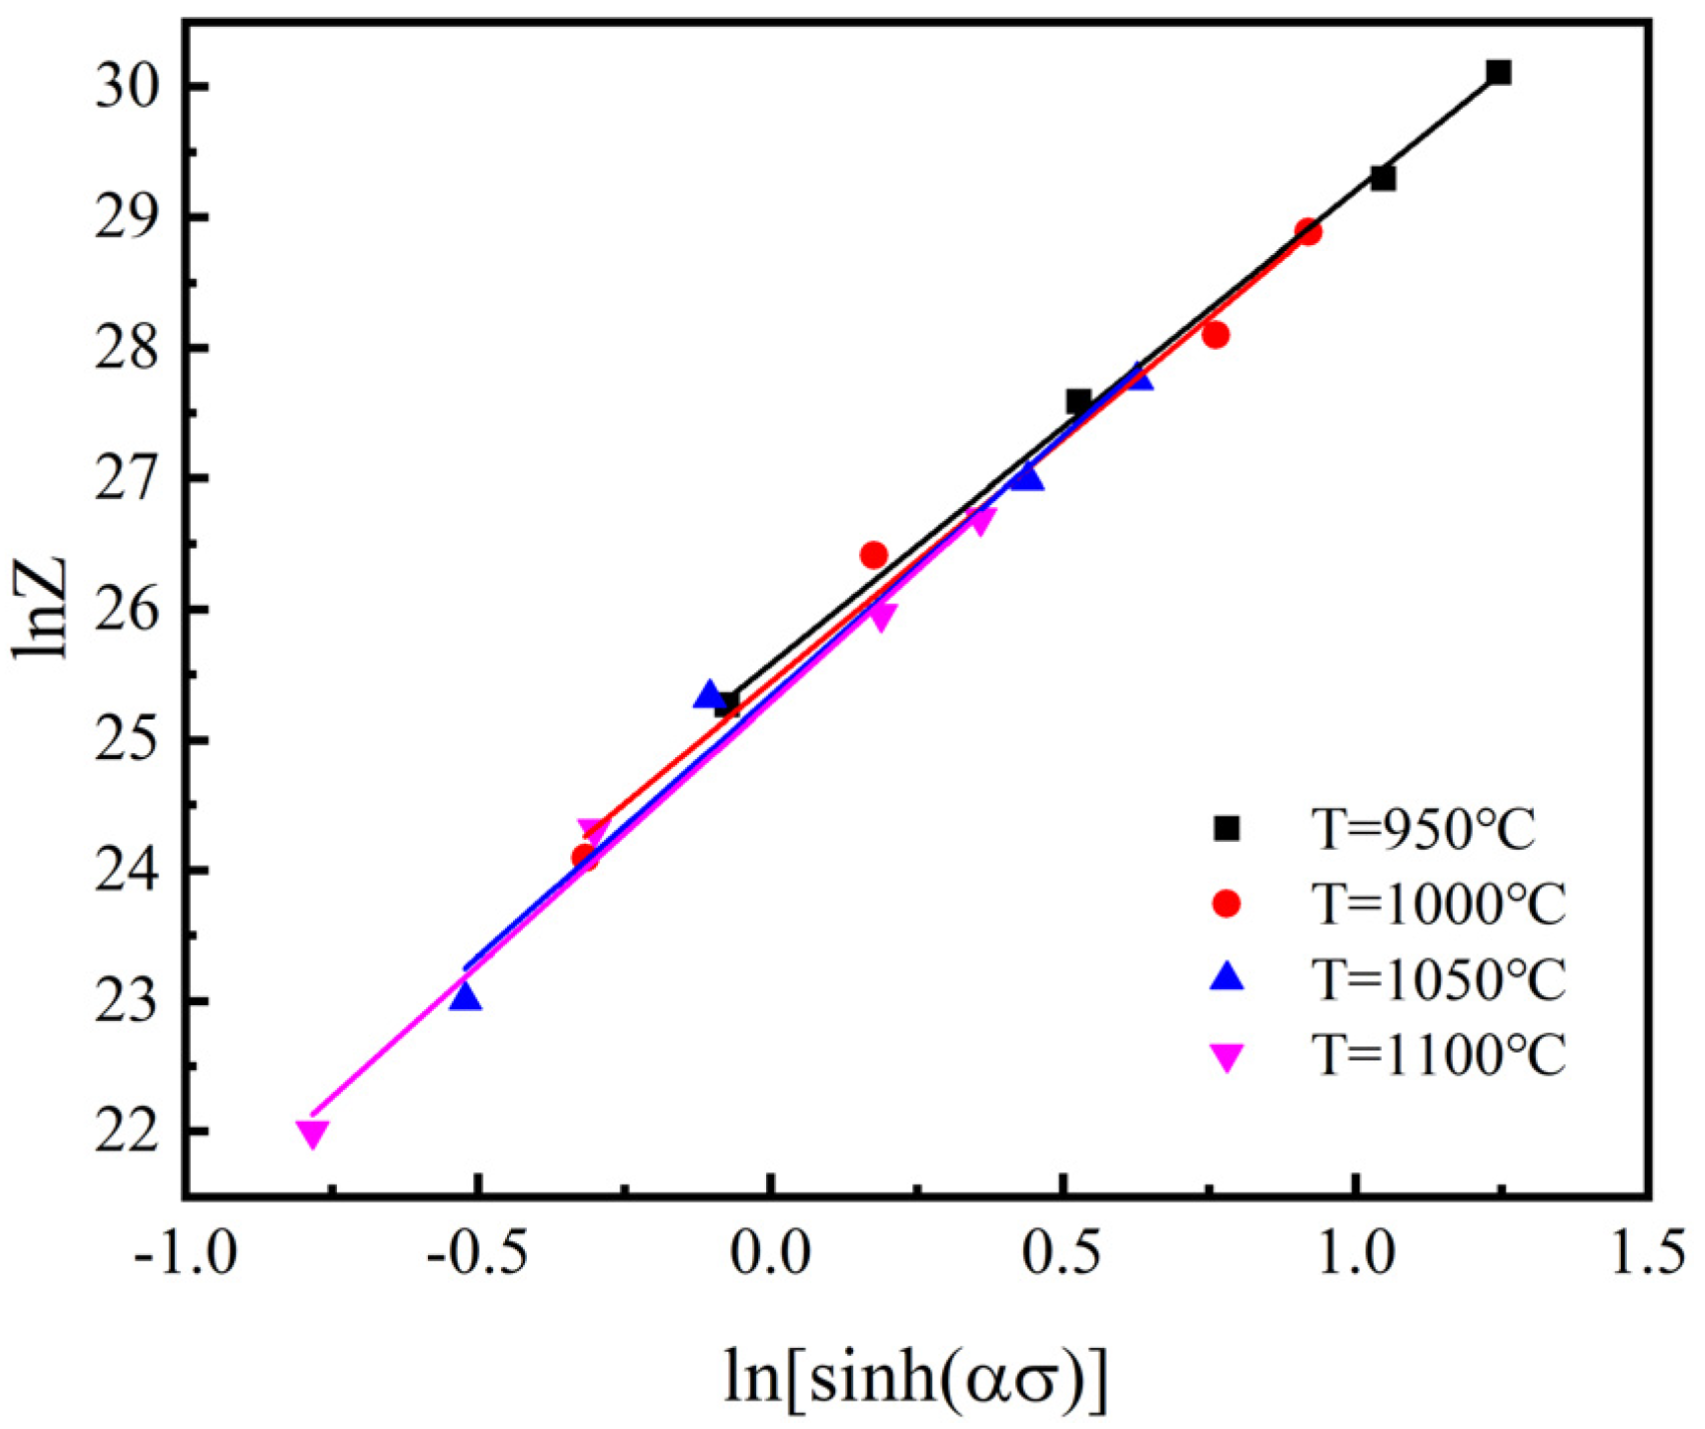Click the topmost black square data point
tap(1498, 72)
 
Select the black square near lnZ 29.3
tap(1383, 178)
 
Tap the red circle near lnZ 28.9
tap(1308, 232)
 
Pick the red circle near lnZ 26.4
tap(874, 555)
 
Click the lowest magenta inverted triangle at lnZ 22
tap(312, 1134)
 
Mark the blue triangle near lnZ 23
tap(465, 998)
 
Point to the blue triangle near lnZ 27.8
tap(1138, 377)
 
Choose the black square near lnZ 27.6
tap(1078, 401)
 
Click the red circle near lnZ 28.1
tap(1216, 335)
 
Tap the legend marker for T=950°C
tap(1227, 828)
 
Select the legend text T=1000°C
tap(1437, 903)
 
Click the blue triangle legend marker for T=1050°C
tap(1227, 977)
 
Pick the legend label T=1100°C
tap(1437, 1055)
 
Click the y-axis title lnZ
tap(42, 608)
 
